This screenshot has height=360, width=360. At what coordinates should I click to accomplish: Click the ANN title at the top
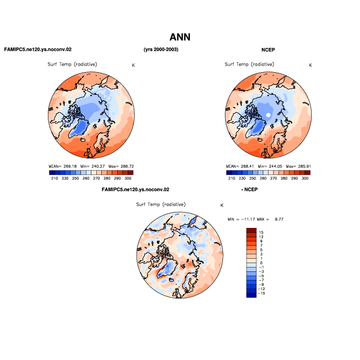click(180, 37)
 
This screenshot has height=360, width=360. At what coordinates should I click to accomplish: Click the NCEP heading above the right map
click(268, 50)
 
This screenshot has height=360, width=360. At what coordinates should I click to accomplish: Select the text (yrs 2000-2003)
click(161, 50)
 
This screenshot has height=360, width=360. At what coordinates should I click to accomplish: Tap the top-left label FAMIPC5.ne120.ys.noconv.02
click(38, 50)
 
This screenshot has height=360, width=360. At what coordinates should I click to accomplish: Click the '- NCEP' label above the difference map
click(249, 190)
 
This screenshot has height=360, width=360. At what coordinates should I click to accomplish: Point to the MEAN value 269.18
click(70, 166)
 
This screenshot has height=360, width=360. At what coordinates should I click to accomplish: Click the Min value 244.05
click(276, 166)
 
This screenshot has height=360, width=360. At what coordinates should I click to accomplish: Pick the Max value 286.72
click(127, 166)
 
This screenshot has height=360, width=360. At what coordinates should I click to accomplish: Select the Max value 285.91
click(304, 166)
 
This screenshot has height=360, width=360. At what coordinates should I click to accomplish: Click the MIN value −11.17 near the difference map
click(248, 219)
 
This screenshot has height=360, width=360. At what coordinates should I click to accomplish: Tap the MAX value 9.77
click(279, 219)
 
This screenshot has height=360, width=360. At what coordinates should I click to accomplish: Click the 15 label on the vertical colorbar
click(261, 232)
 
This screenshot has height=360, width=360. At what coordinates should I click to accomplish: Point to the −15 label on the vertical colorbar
click(261, 293)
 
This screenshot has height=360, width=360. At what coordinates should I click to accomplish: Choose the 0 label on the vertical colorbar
click(261, 263)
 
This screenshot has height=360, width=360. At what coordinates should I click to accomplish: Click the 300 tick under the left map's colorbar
click(128, 178)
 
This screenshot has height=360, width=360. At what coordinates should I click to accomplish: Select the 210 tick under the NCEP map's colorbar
click(232, 178)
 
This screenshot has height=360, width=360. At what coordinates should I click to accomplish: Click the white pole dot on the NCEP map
click(268, 115)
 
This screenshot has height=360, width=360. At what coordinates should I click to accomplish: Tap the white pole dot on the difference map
click(180, 255)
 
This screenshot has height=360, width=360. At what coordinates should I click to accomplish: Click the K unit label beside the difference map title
click(222, 205)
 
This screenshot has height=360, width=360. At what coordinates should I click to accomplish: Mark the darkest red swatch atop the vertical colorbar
click(252, 230)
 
